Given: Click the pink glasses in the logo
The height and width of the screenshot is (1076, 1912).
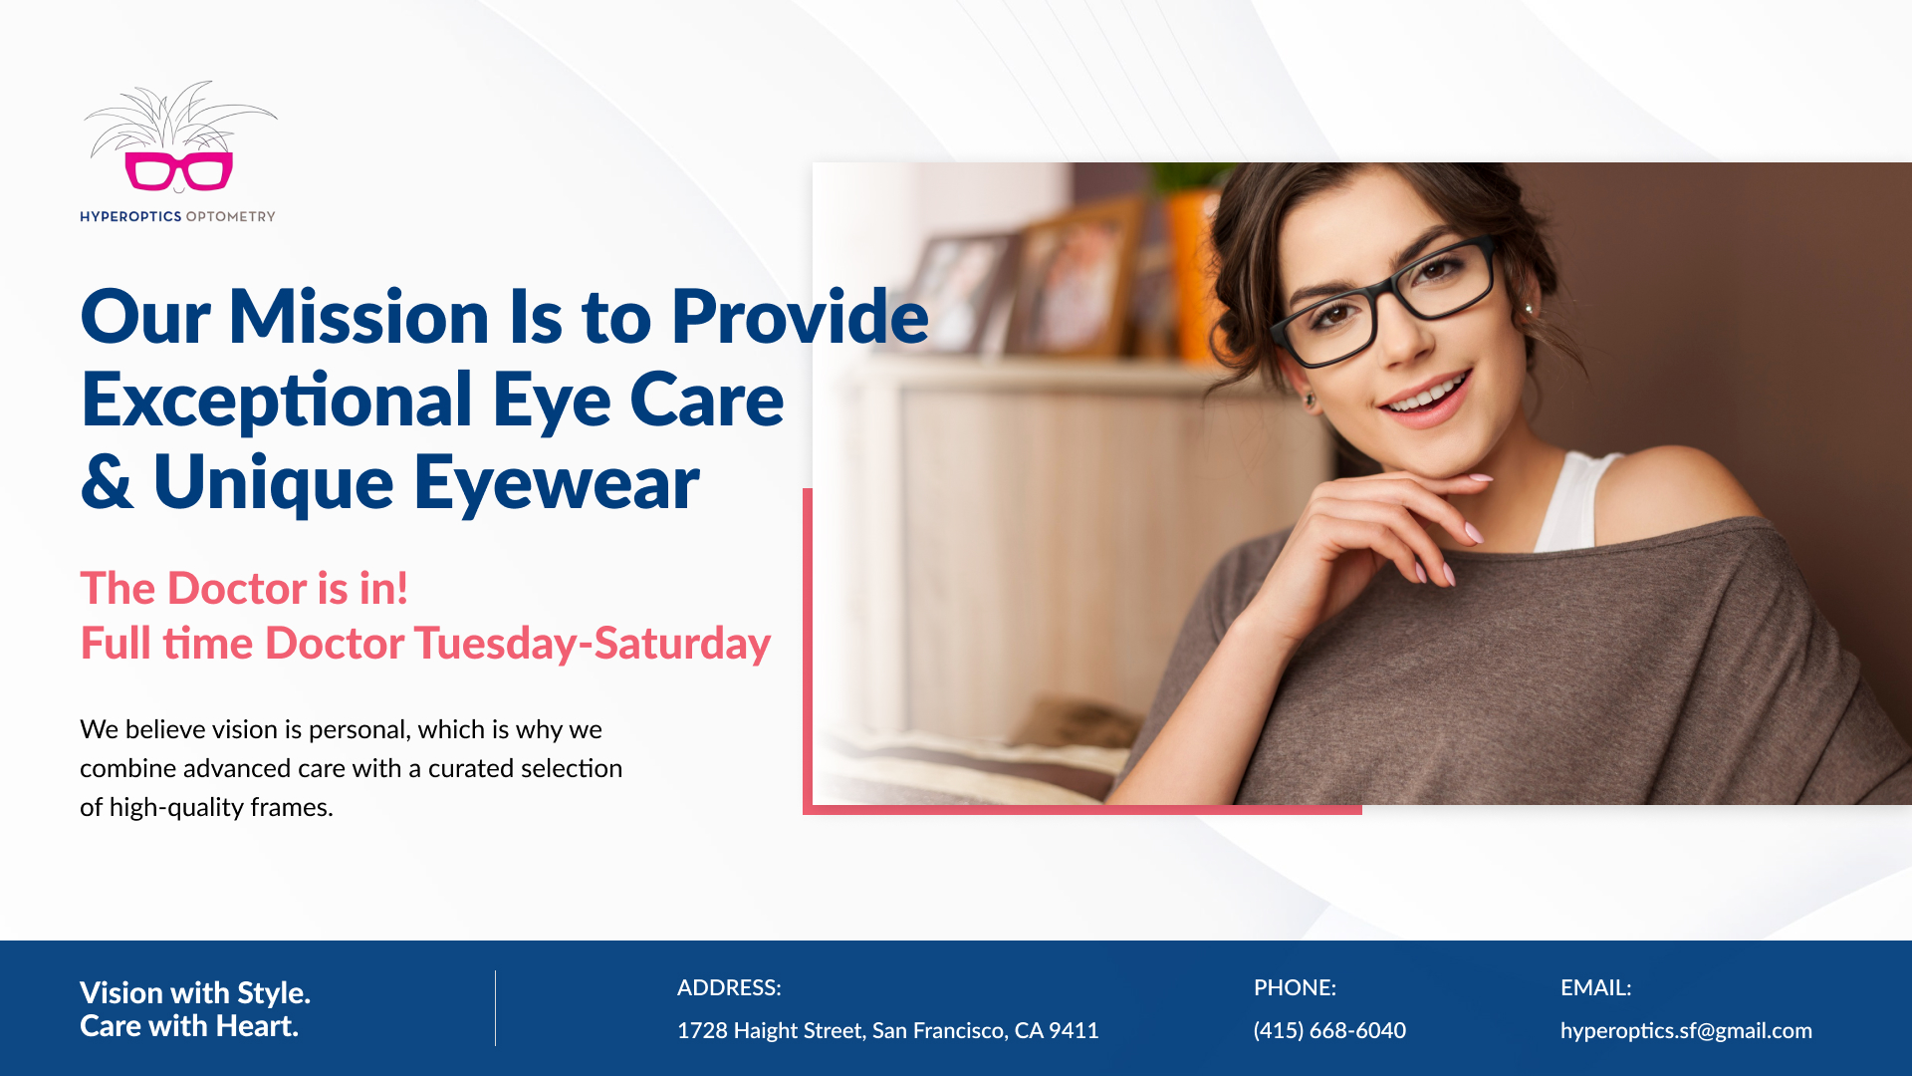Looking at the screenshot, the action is pos(179,170).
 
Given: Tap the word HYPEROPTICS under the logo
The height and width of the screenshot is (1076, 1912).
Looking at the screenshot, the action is pos(130,216).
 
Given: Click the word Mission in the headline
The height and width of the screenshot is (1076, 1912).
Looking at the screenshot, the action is pos(358,317).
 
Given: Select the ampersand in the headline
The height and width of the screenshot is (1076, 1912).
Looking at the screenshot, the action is pos(107,482).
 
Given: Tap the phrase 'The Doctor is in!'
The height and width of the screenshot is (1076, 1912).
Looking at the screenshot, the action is pos(244,588).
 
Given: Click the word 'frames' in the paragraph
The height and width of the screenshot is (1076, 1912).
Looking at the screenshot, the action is pos(291,807).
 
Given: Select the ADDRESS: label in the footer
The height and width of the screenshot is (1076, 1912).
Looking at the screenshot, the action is pos(729,987).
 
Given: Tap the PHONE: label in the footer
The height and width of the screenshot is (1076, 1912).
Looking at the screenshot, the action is pos(1295,987).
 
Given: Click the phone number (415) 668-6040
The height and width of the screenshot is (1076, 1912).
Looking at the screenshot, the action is pos(1329,1030).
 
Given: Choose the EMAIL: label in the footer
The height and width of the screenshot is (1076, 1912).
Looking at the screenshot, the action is pos(1595,987).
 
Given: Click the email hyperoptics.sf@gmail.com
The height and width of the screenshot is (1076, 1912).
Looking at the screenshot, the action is pos(1686,1031).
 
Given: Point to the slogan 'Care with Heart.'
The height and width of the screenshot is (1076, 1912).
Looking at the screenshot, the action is pos(189,1026).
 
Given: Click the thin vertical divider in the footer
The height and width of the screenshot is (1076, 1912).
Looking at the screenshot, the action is pos(495,1008).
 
